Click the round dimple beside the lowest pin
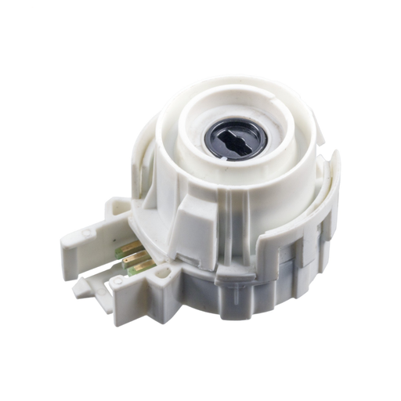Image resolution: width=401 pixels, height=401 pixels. click(x=118, y=280)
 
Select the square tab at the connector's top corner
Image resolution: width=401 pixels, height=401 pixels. click(x=117, y=206)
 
